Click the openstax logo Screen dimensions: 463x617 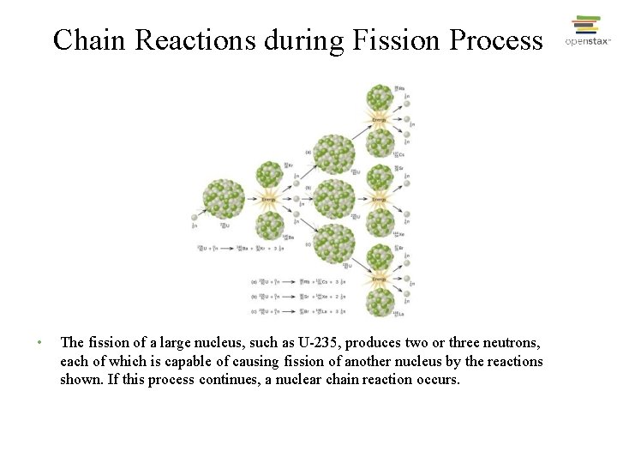(x=587, y=33)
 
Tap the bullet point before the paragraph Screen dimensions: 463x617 (x=39, y=343)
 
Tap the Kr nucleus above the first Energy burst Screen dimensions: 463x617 (x=270, y=174)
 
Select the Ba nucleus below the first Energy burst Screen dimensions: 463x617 (x=271, y=225)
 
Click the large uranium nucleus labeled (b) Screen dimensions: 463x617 (x=333, y=199)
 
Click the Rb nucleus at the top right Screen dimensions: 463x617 (x=380, y=98)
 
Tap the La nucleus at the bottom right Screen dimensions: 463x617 (x=380, y=301)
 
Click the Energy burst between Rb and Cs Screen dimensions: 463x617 (x=380, y=120)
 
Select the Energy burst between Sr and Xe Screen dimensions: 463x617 (x=380, y=199)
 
